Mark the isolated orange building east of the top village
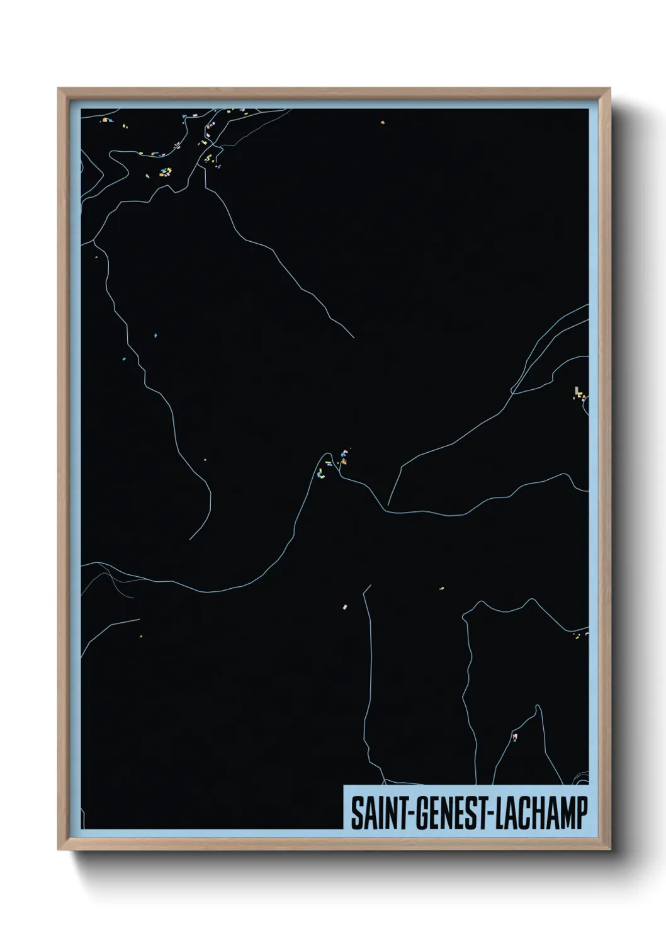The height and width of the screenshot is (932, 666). [382, 123]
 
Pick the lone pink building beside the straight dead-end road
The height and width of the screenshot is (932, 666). [344, 606]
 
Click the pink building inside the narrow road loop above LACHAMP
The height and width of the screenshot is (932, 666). [515, 736]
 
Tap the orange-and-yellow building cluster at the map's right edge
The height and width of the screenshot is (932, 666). [579, 394]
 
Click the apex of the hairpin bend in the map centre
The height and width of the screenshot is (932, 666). [327, 453]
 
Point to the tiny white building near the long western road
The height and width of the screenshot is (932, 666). [205, 459]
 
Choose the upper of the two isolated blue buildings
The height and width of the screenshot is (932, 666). [155, 336]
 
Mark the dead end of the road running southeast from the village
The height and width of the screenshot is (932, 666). [353, 338]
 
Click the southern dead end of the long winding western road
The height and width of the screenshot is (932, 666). [189, 540]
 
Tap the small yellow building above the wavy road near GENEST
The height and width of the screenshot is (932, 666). [441, 589]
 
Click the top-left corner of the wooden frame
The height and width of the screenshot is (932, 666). [59, 89]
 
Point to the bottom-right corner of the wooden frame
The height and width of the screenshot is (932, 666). [611, 850]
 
